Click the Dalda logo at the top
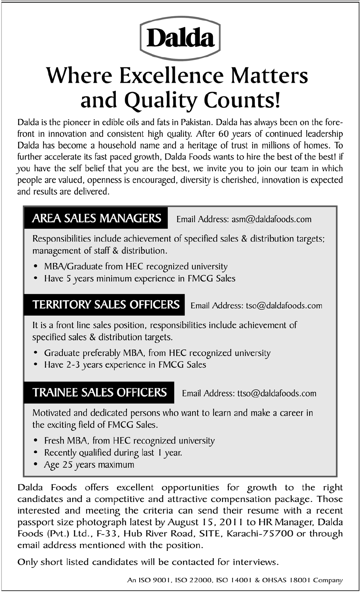click(180, 38)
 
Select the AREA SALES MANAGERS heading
click(96, 218)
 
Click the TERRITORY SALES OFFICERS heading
click(105, 305)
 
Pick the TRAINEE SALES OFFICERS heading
click(99, 392)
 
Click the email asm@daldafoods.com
click(271, 219)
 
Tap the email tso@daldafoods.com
click(284, 306)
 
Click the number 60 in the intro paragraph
click(223, 134)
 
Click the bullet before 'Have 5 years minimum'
click(36, 279)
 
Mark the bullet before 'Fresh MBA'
click(36, 441)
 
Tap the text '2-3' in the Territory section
click(73, 365)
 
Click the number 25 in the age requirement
click(67, 465)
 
